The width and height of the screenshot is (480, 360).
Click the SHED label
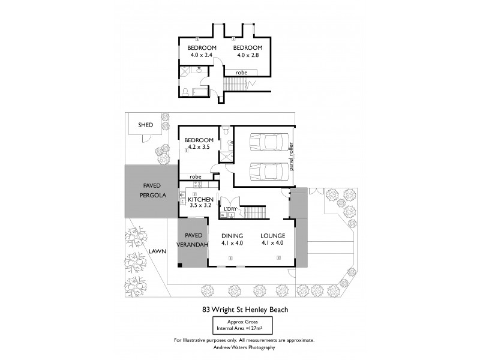pyautogui.click(x=146, y=125)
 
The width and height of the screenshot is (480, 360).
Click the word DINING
pyautogui.click(x=232, y=235)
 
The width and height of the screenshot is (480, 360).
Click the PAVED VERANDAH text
pyautogui.click(x=193, y=240)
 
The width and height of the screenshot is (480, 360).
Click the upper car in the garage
pyautogui.click(x=265, y=142)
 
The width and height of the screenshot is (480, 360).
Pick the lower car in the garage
pyautogui.click(x=265, y=170)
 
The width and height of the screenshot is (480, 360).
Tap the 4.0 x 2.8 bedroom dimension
pyautogui.click(x=247, y=55)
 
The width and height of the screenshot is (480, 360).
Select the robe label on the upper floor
pyautogui.click(x=241, y=73)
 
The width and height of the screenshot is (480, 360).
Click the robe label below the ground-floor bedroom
pyautogui.click(x=195, y=176)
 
